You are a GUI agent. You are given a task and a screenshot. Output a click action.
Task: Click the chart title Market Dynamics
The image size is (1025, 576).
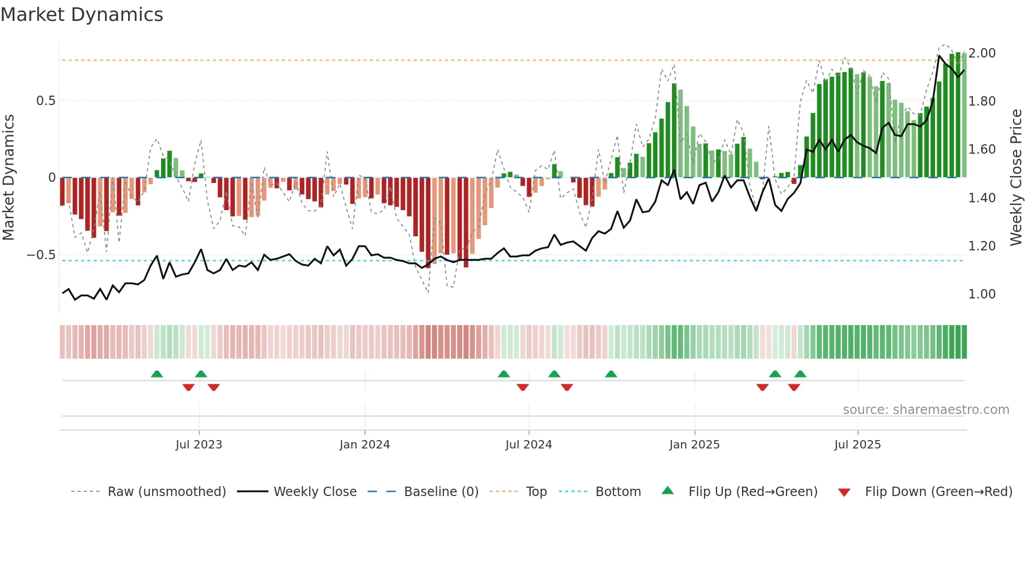click(82, 15)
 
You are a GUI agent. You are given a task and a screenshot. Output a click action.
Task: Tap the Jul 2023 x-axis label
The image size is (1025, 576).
click(199, 445)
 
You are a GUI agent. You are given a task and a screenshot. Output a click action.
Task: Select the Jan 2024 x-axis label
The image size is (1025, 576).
click(365, 445)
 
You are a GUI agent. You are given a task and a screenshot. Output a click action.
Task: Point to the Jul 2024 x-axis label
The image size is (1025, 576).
click(529, 445)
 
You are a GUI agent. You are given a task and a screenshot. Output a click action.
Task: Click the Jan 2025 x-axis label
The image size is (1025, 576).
click(694, 445)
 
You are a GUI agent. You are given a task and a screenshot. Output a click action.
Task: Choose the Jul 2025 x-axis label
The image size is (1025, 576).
click(858, 445)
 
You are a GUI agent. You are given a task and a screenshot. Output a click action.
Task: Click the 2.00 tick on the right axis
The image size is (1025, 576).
click(982, 53)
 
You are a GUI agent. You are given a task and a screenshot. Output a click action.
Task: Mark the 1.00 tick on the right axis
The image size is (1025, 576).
click(982, 294)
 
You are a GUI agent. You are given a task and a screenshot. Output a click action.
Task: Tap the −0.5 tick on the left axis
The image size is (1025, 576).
click(41, 255)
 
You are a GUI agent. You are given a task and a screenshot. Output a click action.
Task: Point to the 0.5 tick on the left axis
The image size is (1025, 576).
click(45, 101)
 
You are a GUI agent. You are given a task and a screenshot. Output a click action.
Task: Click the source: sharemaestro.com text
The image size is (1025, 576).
click(926, 410)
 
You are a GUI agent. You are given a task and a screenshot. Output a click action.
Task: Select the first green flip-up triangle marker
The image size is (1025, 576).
click(157, 374)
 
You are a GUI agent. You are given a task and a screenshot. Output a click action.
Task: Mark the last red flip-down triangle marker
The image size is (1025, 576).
click(794, 387)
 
